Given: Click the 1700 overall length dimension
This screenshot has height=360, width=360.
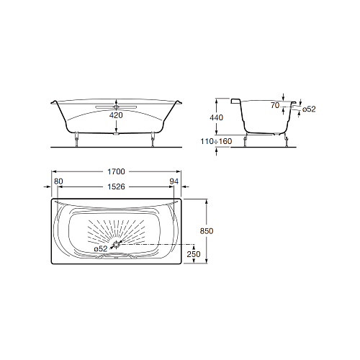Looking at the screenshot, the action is [x=116, y=171].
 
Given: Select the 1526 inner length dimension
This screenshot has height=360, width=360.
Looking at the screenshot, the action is [x=116, y=186].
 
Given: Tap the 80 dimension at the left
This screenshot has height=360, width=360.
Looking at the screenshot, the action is [x=58, y=181].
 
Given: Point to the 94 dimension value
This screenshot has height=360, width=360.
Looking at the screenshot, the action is [x=174, y=181].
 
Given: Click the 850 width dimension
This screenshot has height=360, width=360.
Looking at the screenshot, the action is [x=207, y=231].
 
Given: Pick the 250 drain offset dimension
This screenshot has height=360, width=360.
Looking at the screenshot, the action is [x=194, y=254].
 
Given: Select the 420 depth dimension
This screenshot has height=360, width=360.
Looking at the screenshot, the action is [x=116, y=115].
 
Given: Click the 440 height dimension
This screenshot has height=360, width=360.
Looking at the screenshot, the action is [x=217, y=117].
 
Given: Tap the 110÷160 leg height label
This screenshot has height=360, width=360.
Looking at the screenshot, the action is [x=216, y=141].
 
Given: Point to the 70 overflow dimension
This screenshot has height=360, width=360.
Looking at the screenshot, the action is [x=275, y=105].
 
